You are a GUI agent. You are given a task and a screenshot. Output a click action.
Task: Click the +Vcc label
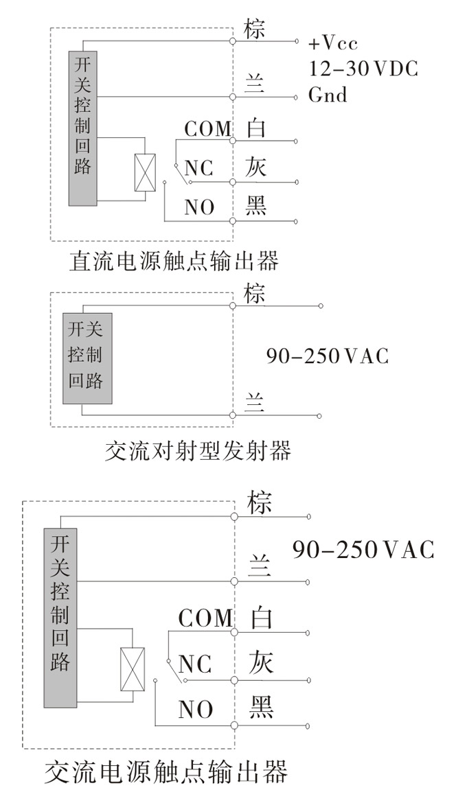point(333,43)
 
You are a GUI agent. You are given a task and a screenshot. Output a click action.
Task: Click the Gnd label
point(328,95)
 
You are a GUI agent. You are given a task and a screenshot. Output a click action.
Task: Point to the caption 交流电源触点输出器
point(166,772)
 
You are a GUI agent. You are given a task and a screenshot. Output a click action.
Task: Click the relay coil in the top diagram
point(145,172)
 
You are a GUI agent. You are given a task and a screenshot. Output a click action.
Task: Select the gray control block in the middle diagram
point(87,358)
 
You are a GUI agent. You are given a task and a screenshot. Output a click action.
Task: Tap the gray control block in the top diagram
point(83,128)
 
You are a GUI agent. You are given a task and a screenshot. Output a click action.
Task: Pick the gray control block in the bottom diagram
point(60,617)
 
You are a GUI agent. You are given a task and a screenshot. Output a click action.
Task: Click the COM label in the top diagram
point(207,129)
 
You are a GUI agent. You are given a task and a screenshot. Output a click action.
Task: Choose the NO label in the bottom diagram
point(196,709)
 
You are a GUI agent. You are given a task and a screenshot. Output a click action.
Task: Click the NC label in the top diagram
point(198,168)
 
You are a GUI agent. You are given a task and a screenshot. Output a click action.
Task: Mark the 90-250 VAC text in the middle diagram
point(327,356)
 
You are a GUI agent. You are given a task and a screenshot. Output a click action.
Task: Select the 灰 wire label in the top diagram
point(255,167)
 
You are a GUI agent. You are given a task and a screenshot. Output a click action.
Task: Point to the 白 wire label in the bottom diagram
point(261,617)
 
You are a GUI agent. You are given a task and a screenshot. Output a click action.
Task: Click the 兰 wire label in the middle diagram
point(255,403)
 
